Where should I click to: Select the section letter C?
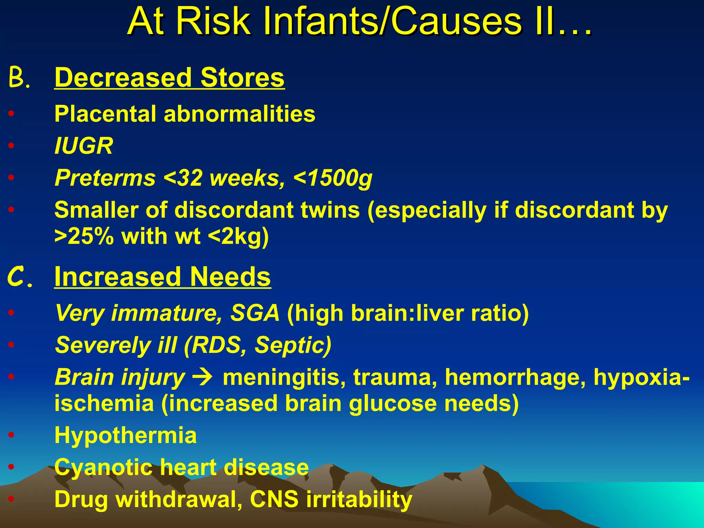coord(19,277)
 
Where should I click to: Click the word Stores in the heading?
coord(242,78)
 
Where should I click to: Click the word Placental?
coord(105,114)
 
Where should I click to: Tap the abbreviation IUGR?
coord(84,146)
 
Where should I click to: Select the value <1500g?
coord(333,178)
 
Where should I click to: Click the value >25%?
coord(84,236)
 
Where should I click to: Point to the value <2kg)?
coord(238,237)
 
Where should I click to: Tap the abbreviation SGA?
coord(255,313)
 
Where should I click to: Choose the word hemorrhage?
coord(516,377)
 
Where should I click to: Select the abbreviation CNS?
coord(274,499)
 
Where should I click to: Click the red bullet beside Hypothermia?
coord(11,435)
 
